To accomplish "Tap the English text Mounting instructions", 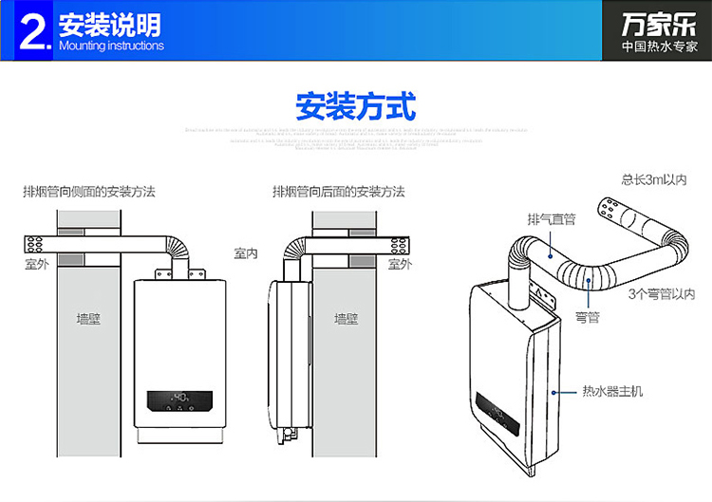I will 111,46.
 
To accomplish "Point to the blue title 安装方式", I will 355,105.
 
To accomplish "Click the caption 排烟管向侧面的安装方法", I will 89,192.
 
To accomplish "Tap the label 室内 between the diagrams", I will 247,253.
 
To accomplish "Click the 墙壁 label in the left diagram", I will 88,319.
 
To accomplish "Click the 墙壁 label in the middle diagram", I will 347,319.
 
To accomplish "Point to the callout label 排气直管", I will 552,219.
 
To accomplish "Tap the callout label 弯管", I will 587,317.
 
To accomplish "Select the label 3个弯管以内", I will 662,294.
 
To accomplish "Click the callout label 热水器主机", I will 612,391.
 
